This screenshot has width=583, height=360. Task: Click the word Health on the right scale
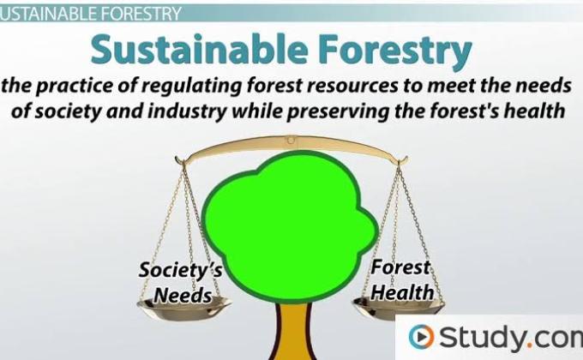pos(402,292)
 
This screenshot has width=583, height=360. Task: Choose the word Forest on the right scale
pos(400,267)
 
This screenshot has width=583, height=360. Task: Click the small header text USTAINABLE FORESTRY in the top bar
pos(90,13)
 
